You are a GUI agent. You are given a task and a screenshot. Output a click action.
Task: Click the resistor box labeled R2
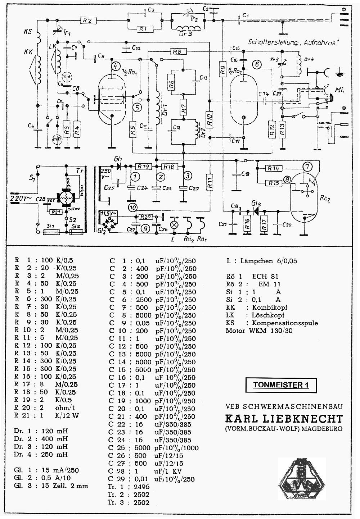click(x=87, y=21)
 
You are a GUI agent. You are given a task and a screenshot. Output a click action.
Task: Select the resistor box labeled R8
click(x=176, y=52)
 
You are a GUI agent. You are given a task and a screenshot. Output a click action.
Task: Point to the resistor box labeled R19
click(x=144, y=167)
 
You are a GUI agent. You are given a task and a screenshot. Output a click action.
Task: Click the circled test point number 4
click(x=115, y=66)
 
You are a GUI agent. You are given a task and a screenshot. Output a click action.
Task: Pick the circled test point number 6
click(x=256, y=65)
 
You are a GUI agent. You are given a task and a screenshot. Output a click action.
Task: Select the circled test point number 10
click(x=133, y=208)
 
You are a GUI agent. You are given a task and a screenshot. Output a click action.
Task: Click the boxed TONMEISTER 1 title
click(x=281, y=385)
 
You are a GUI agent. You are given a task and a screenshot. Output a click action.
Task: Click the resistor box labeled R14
click(x=274, y=168)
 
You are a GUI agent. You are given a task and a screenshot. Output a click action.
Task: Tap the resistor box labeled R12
click(x=272, y=128)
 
